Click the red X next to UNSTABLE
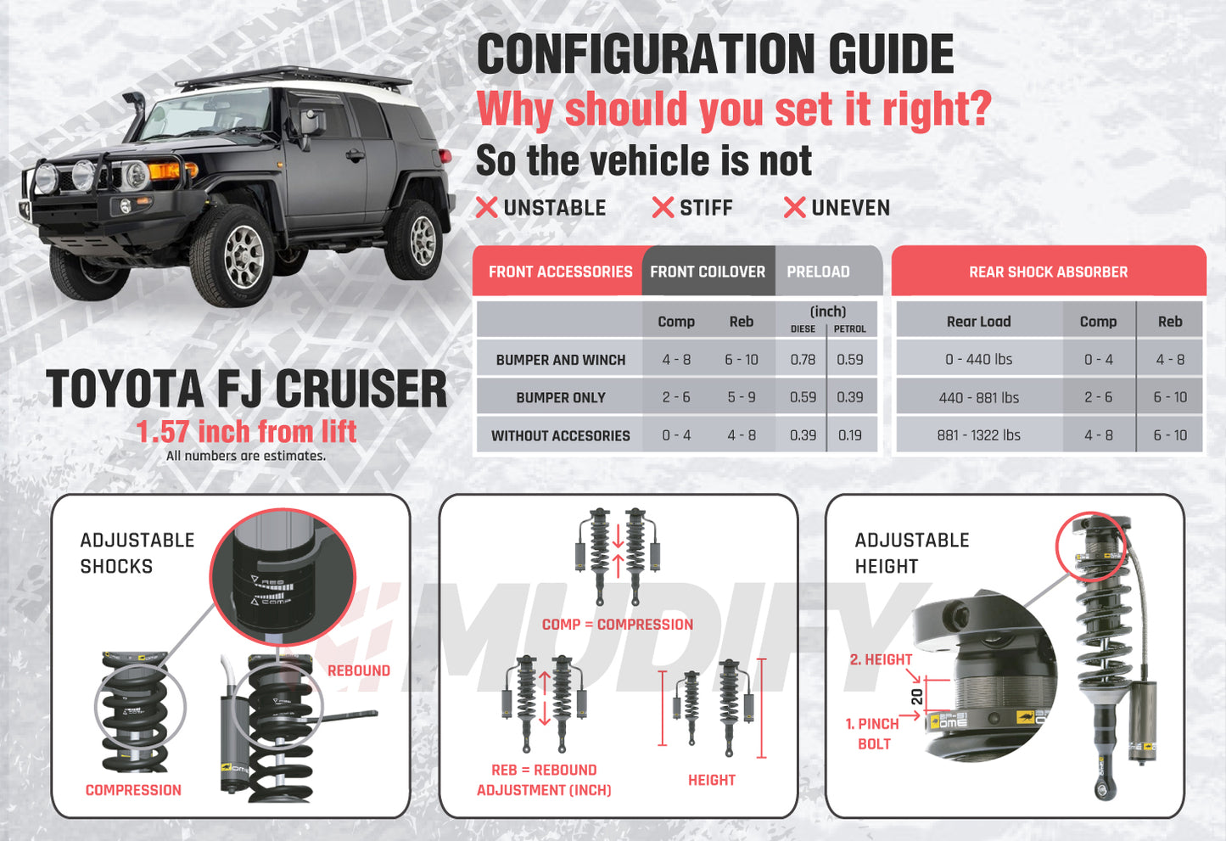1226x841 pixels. [486, 208]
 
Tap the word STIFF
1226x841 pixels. [706, 208]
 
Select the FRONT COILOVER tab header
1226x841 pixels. [708, 272]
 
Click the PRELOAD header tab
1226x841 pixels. [818, 272]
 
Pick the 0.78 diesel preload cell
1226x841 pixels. [803, 360]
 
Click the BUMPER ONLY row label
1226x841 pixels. [561, 398]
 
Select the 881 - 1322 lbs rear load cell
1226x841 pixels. [978, 435]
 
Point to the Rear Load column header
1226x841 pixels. [978, 322]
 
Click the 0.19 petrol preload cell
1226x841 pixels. [849, 435]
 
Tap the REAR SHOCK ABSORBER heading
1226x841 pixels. [1048, 272]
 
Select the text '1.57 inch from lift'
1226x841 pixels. [246, 432]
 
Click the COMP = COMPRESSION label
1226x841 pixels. [618, 625]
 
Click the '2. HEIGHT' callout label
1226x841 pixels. [881, 659]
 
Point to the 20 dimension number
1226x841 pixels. [916, 697]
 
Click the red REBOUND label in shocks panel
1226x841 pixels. [359, 670]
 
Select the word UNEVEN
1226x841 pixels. [850, 208]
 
